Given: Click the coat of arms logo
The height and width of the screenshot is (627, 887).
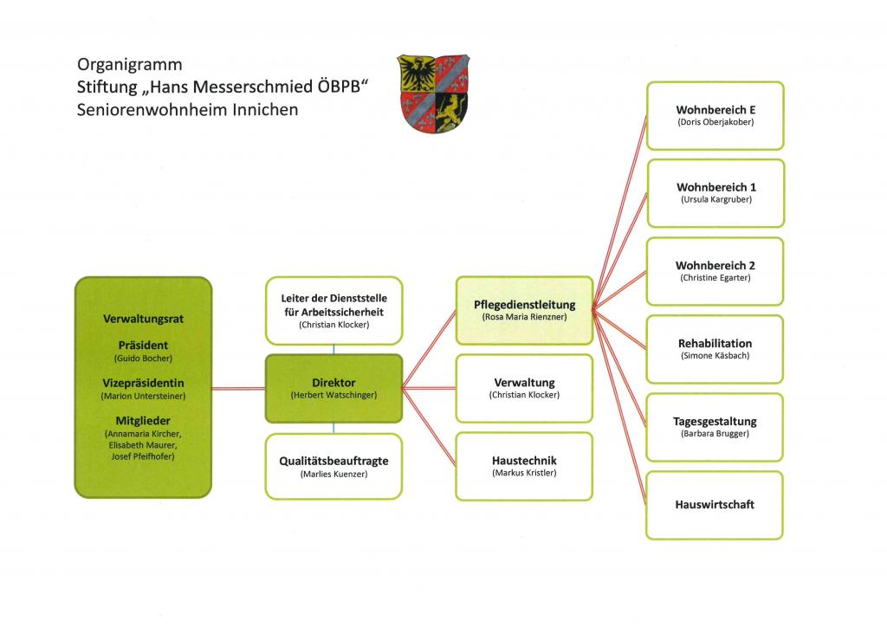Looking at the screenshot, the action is tap(433, 94).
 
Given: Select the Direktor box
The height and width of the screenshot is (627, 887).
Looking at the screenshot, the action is tap(333, 389).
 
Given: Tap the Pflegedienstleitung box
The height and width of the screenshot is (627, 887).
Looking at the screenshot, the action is tap(524, 310).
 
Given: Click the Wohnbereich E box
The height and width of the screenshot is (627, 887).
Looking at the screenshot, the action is tap(715, 116).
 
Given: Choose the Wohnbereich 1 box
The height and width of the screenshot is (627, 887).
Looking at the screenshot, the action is tap(715, 193).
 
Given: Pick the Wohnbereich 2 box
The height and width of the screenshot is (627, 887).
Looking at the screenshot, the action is tap(715, 271).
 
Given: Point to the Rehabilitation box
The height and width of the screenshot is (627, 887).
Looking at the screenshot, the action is tap(715, 349).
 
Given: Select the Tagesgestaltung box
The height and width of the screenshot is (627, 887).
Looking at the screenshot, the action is tap(715, 428).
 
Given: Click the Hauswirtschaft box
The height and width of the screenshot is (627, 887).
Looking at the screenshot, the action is tap(715, 506).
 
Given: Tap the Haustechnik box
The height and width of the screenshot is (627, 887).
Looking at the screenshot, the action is tap(524, 467).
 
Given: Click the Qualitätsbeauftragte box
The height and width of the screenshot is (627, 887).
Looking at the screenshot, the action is tap(333, 467).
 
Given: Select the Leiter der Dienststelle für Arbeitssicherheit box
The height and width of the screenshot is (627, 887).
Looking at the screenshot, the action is tap(333, 310).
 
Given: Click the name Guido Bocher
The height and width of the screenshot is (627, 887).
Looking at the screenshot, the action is tap(143, 359).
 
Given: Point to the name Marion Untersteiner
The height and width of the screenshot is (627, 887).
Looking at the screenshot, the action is tap(143, 397).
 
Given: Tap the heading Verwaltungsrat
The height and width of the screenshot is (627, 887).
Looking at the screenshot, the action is tap(143, 319).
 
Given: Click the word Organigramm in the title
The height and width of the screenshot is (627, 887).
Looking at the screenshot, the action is tap(130, 65).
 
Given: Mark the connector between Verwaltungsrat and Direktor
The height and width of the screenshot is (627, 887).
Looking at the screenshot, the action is tap(238, 389).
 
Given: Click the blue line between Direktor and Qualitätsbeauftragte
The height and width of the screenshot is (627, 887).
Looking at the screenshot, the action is tap(333, 428).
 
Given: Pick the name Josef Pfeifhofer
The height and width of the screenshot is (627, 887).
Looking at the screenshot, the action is tap(143, 456).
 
